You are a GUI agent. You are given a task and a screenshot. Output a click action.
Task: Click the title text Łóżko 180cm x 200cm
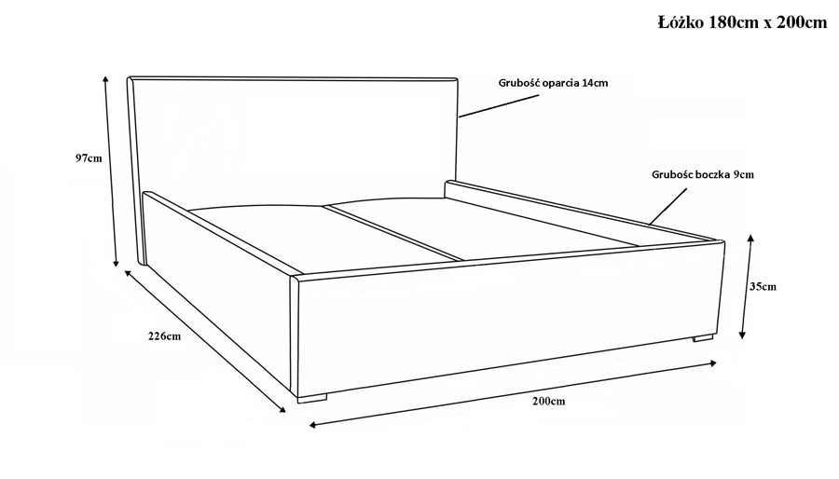[743, 22]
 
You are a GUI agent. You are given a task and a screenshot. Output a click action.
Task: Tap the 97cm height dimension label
[89, 158]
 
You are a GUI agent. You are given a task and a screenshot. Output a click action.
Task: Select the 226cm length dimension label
[164, 336]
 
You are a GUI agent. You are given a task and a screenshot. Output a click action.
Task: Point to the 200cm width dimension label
[548, 401]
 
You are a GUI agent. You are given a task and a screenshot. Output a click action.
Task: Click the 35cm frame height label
[763, 286]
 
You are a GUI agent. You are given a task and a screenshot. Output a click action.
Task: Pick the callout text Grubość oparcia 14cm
[553, 83]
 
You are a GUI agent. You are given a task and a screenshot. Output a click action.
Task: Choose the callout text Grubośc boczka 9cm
[703, 174]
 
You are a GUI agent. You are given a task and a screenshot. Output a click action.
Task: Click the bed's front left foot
[312, 398]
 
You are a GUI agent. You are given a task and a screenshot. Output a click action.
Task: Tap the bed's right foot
[703, 338]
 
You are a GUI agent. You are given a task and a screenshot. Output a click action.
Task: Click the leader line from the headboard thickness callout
[499, 106]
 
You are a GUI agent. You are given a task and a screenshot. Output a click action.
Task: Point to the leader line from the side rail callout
[667, 206]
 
